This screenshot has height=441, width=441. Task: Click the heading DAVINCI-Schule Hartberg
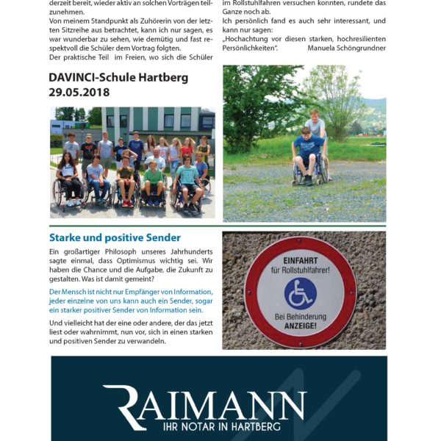[x=118, y=77]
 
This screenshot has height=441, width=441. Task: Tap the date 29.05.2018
[x=79, y=92]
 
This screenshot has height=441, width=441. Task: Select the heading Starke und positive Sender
[x=115, y=237]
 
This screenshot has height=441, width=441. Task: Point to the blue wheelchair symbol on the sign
[x=301, y=293]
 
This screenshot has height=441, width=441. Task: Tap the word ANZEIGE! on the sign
[x=301, y=325]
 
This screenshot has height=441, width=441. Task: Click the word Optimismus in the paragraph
[x=157, y=259]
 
